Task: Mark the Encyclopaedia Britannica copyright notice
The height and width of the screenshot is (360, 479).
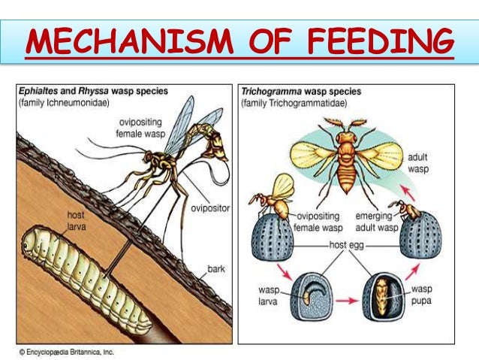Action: coord(65,351)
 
